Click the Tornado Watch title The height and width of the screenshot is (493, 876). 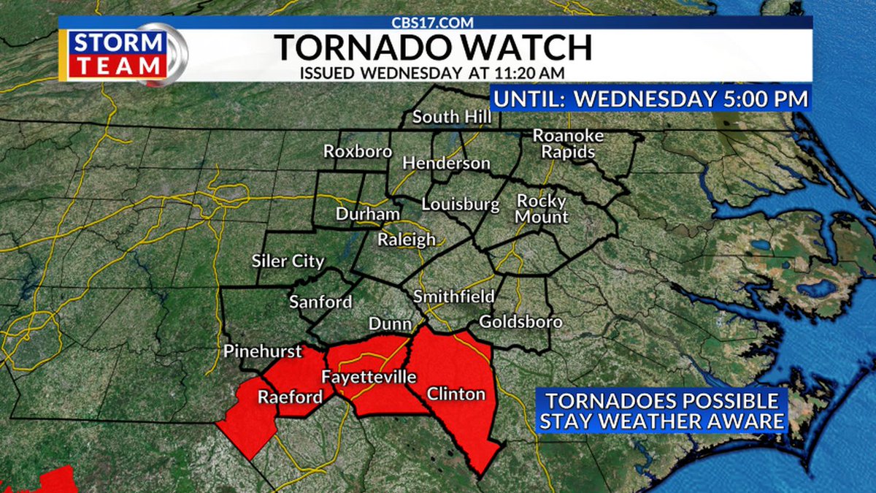(x=434, y=47)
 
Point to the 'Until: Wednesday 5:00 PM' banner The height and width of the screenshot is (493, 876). (x=650, y=98)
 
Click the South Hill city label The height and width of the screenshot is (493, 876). (x=446, y=117)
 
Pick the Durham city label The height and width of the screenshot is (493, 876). (x=367, y=214)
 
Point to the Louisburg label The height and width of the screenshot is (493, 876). (x=459, y=204)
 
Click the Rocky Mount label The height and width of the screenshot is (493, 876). (x=542, y=208)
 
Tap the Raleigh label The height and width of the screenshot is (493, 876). (x=407, y=240)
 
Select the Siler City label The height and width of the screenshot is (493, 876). (x=288, y=261)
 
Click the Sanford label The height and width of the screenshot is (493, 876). (x=320, y=302)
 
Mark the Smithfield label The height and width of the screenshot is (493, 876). (x=453, y=297)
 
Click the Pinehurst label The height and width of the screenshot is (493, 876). (x=263, y=351)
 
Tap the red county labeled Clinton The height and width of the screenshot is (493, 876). (x=456, y=394)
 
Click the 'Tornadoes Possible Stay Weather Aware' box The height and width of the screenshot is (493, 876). (x=662, y=410)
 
